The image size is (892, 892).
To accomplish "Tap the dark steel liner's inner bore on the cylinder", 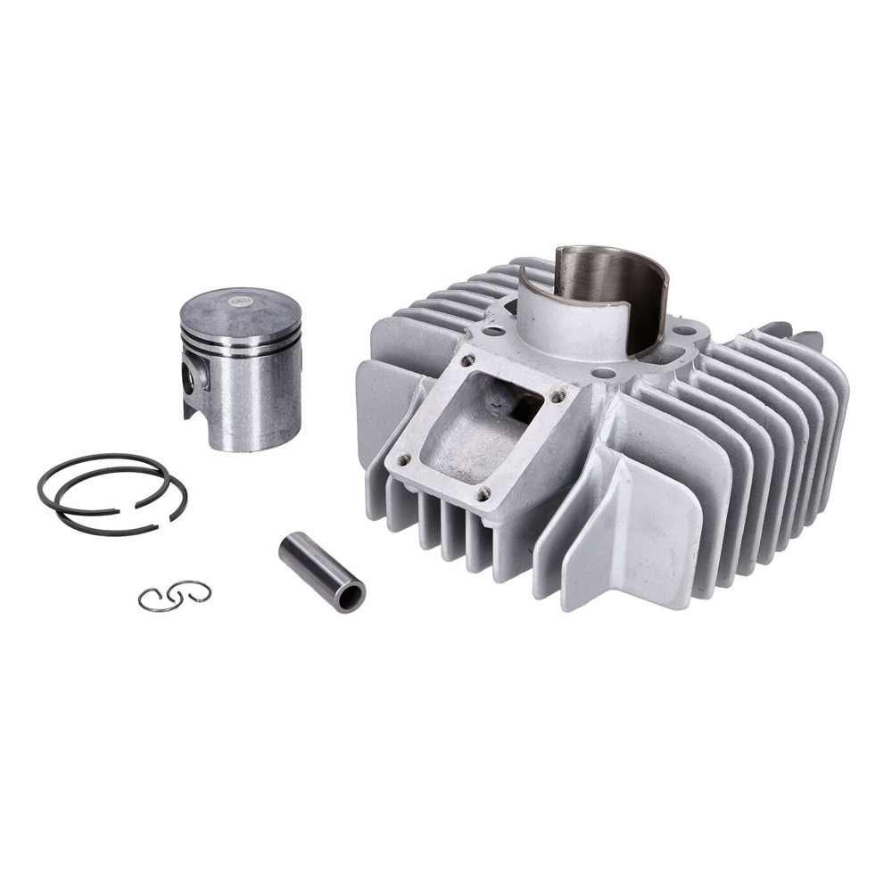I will (607, 277).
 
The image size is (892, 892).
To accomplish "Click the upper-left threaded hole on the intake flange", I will (466, 360).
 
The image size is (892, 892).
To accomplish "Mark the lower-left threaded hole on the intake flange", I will (403, 458).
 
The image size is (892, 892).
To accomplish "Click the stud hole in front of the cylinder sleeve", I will (603, 373).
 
